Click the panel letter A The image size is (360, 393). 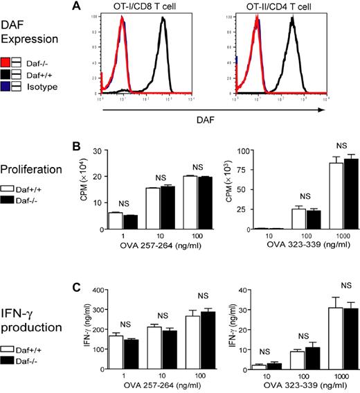click(95, 6)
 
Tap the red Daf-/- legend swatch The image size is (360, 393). click(6, 61)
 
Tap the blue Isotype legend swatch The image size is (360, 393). click(6, 87)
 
